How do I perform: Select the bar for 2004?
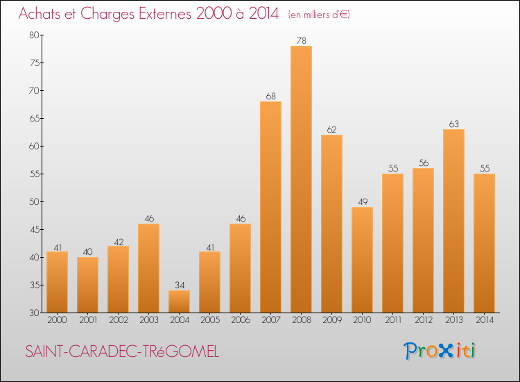click(179, 301)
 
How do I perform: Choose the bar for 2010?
click(362, 260)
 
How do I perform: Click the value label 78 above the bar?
click(301, 40)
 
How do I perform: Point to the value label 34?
click(179, 285)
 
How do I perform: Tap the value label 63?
click(453, 124)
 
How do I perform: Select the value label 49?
click(362, 201)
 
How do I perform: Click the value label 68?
click(270, 96)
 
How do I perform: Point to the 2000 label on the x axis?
click(57, 321)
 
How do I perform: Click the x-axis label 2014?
click(484, 321)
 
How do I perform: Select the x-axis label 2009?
click(331, 321)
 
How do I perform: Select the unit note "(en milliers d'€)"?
click(318, 15)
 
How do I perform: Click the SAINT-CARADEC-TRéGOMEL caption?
click(122, 352)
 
